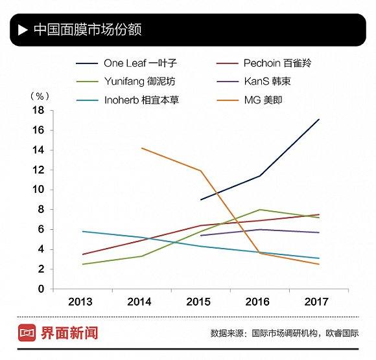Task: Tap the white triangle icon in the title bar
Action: coord(23,30)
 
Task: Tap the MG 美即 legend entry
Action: coord(263,100)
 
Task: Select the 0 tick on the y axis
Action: coord(40,289)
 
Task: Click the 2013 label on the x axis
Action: coord(80,302)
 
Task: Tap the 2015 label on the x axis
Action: coord(199,302)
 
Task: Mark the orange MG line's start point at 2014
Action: coord(141,148)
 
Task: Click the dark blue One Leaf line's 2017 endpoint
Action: coord(319,119)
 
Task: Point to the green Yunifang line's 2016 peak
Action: coord(259,210)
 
